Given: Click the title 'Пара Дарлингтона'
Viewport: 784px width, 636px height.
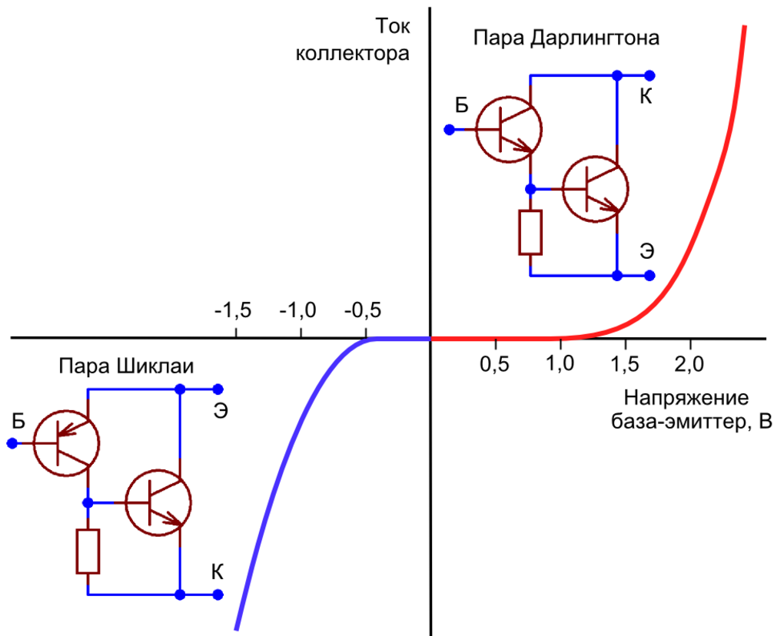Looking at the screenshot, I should tap(566, 37).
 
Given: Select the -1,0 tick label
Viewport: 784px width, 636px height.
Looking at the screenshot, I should tap(298, 311).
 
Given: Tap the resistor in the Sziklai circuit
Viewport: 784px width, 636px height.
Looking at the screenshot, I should tap(88, 551).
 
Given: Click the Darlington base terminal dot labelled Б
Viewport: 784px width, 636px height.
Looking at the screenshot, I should tap(450, 130).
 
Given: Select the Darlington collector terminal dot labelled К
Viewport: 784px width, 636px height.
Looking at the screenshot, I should tap(649, 75).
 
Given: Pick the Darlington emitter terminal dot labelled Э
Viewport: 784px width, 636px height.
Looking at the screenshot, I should tap(649, 276).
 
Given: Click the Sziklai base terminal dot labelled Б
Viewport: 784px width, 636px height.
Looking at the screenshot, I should tap(12, 443).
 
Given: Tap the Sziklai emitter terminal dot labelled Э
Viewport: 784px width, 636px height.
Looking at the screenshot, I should tap(218, 389).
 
